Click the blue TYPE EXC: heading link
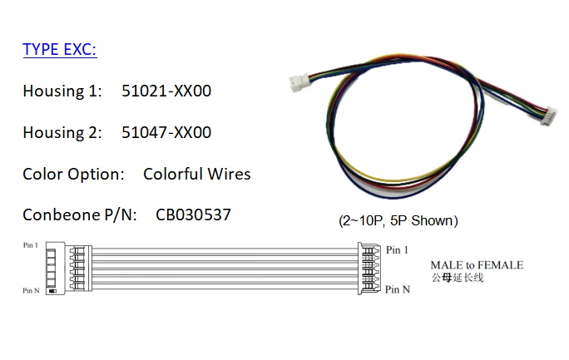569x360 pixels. (60, 50)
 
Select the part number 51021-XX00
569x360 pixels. (166, 91)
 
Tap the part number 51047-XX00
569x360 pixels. (166, 132)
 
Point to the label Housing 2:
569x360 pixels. (62, 132)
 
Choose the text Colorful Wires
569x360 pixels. (196, 174)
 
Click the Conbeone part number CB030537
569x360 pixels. (193, 215)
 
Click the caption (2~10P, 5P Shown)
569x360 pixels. (398, 221)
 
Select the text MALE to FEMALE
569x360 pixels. (477, 265)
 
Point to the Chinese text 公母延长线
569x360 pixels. (457, 278)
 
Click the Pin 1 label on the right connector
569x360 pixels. (397, 249)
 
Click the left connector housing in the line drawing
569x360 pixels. (55, 269)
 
